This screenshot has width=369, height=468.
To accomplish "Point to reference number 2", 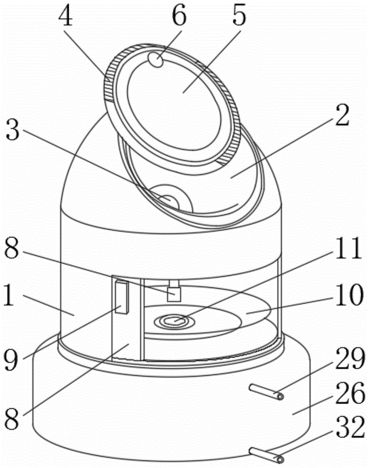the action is (x=342, y=116).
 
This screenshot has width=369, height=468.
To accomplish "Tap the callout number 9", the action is (x=12, y=359).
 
